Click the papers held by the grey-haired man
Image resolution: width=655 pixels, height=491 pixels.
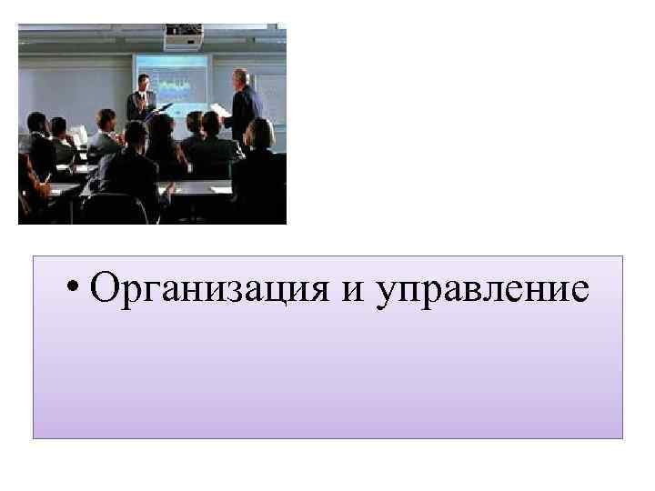(x=220, y=110)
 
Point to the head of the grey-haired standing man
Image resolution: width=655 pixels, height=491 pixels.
(x=240, y=76)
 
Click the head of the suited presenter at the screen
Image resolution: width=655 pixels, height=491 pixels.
(x=142, y=81)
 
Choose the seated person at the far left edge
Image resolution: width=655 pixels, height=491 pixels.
(x=31, y=173)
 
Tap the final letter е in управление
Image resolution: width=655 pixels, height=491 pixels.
(x=579, y=293)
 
